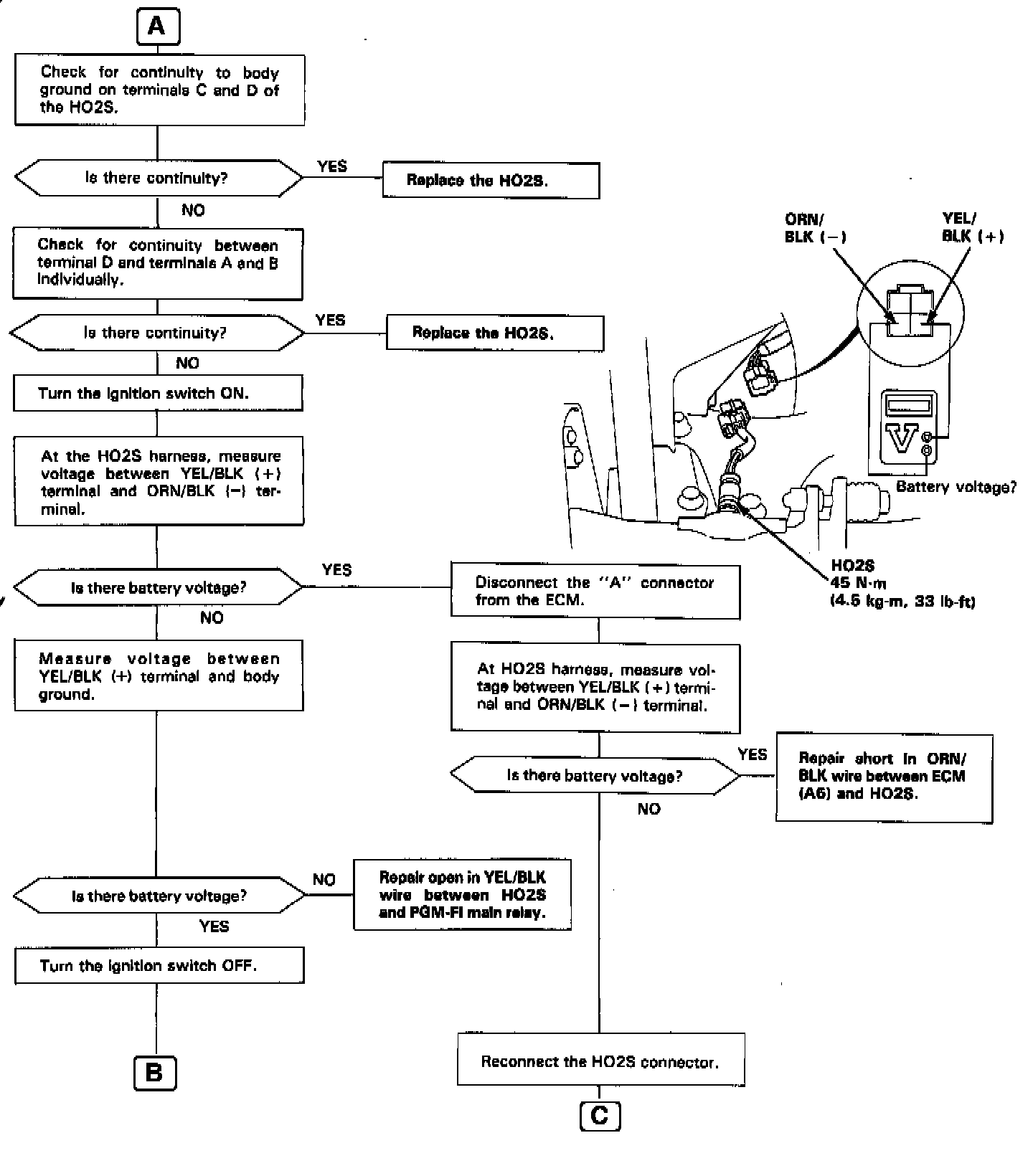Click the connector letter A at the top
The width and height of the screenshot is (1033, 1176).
coord(156,27)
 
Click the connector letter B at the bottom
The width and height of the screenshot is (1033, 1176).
coord(154,1073)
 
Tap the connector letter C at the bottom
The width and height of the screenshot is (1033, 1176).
coord(599,1116)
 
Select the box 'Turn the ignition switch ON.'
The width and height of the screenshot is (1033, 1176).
coord(158,394)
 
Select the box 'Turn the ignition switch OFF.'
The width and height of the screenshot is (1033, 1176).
coord(159,965)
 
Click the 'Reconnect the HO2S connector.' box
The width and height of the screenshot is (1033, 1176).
coord(600,1061)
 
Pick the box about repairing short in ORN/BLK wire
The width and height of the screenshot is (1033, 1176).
coord(884,777)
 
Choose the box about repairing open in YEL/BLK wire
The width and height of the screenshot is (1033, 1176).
coord(462,895)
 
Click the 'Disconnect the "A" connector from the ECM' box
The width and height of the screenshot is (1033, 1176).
coord(595,592)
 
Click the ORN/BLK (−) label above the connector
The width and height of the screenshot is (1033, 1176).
coord(813,228)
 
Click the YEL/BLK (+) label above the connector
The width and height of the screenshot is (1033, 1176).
coord(971,228)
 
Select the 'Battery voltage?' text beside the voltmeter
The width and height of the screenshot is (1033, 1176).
coord(956,487)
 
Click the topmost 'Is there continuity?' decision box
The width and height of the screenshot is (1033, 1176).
coord(158,178)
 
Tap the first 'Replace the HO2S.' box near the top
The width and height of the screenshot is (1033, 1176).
coord(491,180)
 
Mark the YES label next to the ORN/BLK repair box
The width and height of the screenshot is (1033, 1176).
coord(752,754)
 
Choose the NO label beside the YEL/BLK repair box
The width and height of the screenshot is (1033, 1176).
coord(324,880)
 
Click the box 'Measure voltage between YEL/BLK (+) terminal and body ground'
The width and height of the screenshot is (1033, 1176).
coord(159,675)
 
